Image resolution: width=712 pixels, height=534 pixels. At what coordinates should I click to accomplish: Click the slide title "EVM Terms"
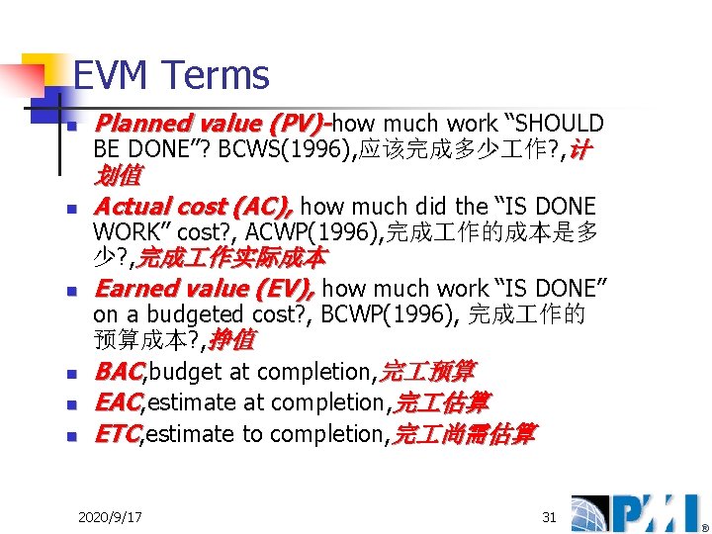[170, 75]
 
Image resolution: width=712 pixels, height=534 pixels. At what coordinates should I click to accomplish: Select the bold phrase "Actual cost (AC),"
[193, 207]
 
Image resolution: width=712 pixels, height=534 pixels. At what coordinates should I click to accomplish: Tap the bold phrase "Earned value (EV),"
[204, 289]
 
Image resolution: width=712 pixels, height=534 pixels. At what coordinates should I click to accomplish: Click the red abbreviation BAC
[119, 372]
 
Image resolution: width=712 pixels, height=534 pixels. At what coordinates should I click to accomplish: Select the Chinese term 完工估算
[441, 403]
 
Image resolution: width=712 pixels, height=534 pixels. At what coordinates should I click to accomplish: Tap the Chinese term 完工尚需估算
[464, 434]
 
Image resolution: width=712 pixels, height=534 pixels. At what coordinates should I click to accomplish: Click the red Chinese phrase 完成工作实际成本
[231, 258]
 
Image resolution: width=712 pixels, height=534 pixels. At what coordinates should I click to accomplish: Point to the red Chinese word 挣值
[231, 340]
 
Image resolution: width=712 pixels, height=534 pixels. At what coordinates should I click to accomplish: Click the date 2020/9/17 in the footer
[109, 517]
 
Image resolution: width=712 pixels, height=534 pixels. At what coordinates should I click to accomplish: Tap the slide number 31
[549, 517]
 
